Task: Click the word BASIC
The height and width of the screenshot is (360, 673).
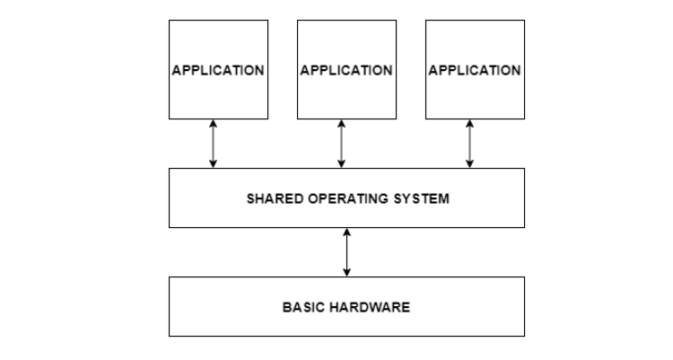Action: click(302, 307)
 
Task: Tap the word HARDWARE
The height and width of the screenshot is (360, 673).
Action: click(369, 307)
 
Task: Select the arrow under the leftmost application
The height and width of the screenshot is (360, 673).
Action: click(213, 144)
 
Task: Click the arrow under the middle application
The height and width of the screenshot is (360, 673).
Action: click(341, 144)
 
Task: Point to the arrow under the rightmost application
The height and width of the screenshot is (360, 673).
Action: click(469, 144)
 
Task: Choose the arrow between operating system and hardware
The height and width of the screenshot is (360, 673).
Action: click(346, 252)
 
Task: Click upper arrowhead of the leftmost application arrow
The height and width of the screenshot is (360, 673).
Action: click(213, 124)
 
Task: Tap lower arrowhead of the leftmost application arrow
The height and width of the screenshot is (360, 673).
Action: click(213, 163)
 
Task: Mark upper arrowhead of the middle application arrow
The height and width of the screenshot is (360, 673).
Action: click(341, 124)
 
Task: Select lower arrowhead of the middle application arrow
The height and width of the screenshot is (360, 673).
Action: click(341, 163)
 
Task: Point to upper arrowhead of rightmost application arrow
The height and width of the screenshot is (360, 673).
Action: click(469, 124)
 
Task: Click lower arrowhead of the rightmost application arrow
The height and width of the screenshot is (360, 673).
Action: click(469, 163)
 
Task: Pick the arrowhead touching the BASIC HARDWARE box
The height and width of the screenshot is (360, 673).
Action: click(346, 272)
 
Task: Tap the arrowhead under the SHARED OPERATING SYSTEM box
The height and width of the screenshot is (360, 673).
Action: click(346, 233)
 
